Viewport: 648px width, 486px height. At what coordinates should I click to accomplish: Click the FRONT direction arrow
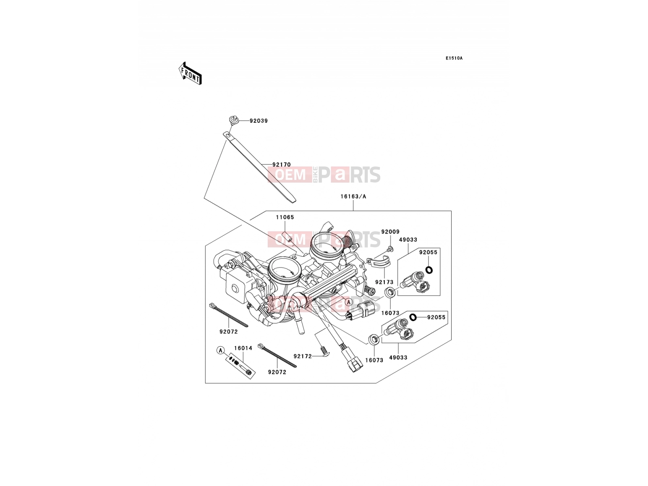pyautogui.click(x=190, y=73)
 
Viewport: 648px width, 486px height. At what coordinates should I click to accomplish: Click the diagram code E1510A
pyautogui.click(x=454, y=58)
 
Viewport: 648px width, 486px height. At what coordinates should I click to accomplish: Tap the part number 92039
pyautogui.click(x=259, y=121)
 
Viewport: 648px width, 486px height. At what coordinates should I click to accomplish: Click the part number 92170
pyautogui.click(x=281, y=165)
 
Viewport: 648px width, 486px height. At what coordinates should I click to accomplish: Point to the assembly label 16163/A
pyautogui.click(x=353, y=196)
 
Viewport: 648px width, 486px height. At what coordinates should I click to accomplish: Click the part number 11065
pyautogui.click(x=285, y=217)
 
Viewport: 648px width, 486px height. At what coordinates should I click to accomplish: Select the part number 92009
pyautogui.click(x=390, y=232)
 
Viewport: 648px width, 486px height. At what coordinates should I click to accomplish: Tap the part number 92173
pyautogui.click(x=384, y=282)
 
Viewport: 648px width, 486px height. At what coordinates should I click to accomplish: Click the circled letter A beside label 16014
pyautogui.click(x=220, y=350)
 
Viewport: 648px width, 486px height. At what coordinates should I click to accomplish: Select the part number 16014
pyautogui.click(x=243, y=348)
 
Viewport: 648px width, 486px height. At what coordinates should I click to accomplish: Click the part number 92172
pyautogui.click(x=303, y=356)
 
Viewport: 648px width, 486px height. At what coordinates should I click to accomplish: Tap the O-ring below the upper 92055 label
pyautogui.click(x=429, y=270)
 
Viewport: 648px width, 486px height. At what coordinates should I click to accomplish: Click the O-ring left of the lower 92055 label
pyautogui.click(x=413, y=317)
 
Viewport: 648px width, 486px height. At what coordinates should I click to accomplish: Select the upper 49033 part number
pyautogui.click(x=408, y=240)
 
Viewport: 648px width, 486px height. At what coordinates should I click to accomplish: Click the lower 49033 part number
pyautogui.click(x=398, y=358)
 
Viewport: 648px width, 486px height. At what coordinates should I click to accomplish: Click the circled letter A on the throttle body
pyautogui.click(x=348, y=302)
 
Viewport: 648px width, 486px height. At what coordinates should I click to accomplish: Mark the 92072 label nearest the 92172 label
pyautogui.click(x=277, y=372)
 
